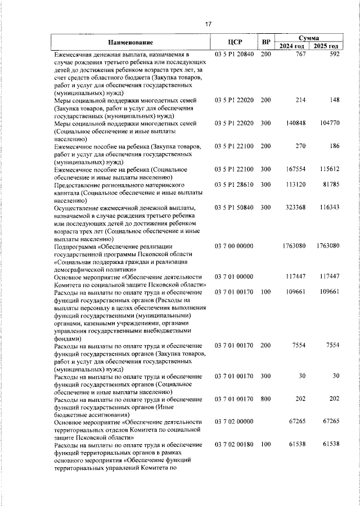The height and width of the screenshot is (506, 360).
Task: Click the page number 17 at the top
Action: point(208,24)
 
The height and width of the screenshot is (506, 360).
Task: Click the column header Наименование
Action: point(130,42)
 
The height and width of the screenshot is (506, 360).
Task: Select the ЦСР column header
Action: point(235,42)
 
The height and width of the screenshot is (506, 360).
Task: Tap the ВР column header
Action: point(266,42)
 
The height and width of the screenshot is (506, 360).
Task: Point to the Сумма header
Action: point(309,37)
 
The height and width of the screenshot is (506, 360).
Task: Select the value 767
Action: point(300,54)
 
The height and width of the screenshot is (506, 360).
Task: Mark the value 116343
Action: point(328,208)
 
